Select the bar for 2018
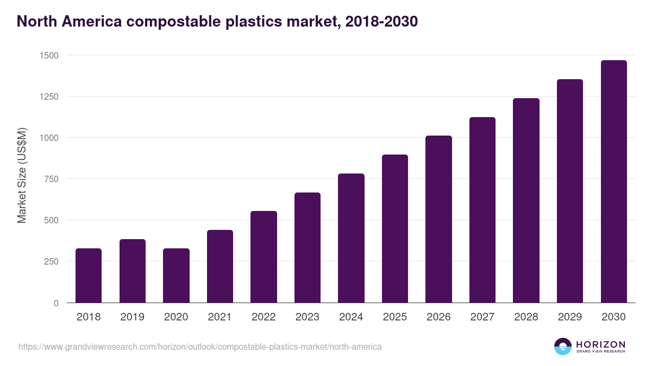pyautogui.click(x=89, y=275)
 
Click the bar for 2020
pyautogui.click(x=176, y=275)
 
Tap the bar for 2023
pyautogui.click(x=308, y=248)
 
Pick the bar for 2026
pyautogui.click(x=438, y=219)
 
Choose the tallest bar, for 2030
pyautogui.click(x=613, y=182)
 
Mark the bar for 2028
pyautogui.click(x=526, y=201)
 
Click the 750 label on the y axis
pyautogui.click(x=51, y=179)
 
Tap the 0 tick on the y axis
pyautogui.click(x=56, y=303)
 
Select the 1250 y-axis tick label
pyautogui.click(x=49, y=97)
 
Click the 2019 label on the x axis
pyautogui.click(x=132, y=317)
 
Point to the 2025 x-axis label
pyautogui.click(x=394, y=317)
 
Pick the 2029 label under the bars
pyautogui.click(x=569, y=317)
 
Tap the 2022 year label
pyautogui.click(x=264, y=317)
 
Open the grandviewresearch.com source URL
pyautogui.click(x=200, y=346)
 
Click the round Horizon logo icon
pyautogui.click(x=562, y=346)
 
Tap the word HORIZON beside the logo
pyautogui.click(x=600, y=344)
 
